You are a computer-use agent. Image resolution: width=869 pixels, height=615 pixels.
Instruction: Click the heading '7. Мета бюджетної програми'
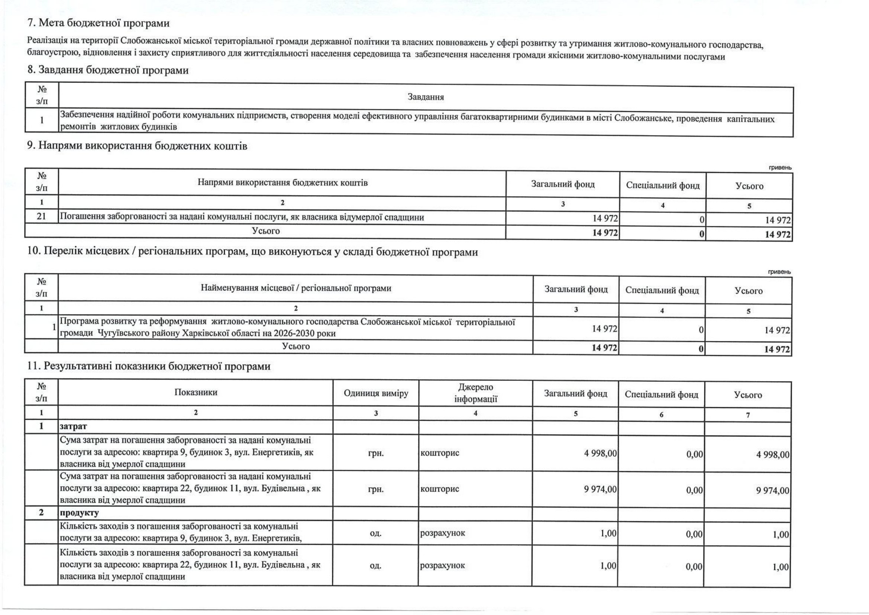(x=98, y=23)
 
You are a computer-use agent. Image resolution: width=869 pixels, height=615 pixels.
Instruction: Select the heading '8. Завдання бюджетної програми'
(x=108, y=70)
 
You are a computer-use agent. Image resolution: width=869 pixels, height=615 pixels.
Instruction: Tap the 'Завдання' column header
(x=426, y=97)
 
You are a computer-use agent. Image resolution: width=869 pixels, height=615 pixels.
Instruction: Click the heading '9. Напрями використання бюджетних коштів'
(x=137, y=146)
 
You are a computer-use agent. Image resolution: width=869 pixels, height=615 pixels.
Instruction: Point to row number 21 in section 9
(x=42, y=217)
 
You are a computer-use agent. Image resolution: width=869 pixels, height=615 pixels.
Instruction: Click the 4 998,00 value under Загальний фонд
(x=601, y=454)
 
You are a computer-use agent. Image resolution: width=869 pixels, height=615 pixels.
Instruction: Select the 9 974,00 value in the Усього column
(x=773, y=491)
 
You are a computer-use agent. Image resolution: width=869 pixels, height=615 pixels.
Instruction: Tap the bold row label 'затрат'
(x=74, y=426)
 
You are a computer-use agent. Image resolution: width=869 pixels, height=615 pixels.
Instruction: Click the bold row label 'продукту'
(x=79, y=513)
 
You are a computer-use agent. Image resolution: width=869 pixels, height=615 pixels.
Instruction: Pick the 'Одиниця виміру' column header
(x=376, y=393)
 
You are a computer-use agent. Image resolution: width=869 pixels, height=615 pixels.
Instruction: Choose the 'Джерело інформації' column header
(x=475, y=393)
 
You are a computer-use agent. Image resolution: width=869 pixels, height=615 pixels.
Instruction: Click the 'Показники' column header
(x=196, y=392)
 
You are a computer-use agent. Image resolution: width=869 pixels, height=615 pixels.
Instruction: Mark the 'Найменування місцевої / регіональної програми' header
(x=295, y=289)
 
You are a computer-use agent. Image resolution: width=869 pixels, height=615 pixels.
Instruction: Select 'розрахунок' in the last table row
(x=442, y=566)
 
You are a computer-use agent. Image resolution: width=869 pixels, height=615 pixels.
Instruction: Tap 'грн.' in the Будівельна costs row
(x=376, y=489)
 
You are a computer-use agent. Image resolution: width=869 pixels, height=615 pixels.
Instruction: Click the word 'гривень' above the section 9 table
(x=780, y=167)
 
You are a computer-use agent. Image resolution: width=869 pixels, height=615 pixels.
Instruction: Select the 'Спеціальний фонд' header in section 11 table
(x=661, y=395)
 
